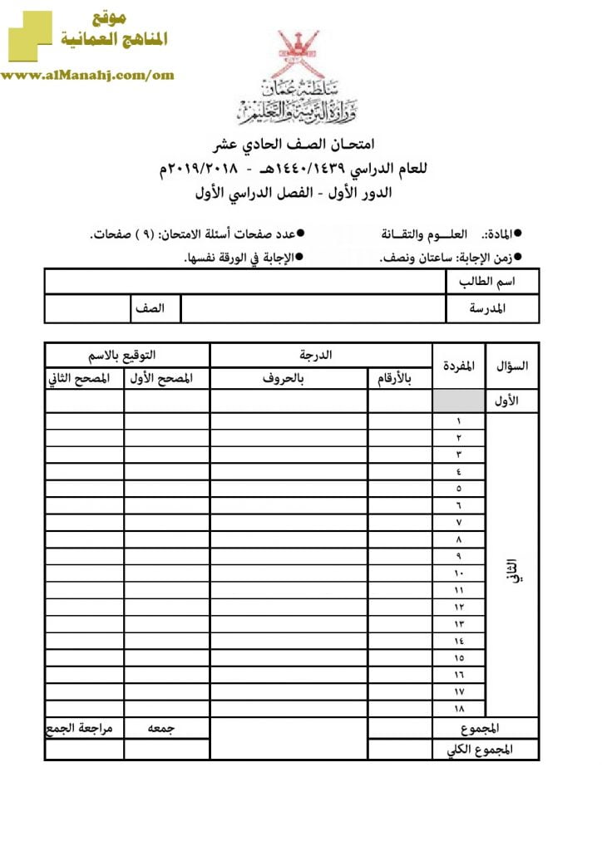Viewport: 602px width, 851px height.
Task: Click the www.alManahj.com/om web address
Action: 87,75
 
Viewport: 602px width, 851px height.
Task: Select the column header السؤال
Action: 511,366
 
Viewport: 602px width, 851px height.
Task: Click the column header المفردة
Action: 458,366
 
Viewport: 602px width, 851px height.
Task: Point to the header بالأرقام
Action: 399,379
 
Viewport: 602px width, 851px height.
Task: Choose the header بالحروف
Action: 289,379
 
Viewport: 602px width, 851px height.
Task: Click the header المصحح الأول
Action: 166,379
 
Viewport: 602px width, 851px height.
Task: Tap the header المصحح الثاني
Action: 84,379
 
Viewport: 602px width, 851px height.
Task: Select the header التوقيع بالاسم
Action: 126,355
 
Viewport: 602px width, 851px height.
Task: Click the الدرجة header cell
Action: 320,355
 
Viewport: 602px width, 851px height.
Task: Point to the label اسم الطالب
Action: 491,282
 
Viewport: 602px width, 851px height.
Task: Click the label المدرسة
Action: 491,309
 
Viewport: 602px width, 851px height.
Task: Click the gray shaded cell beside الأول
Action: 458,401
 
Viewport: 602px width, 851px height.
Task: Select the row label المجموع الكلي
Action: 484,750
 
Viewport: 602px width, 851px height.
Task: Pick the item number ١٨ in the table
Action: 458,708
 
